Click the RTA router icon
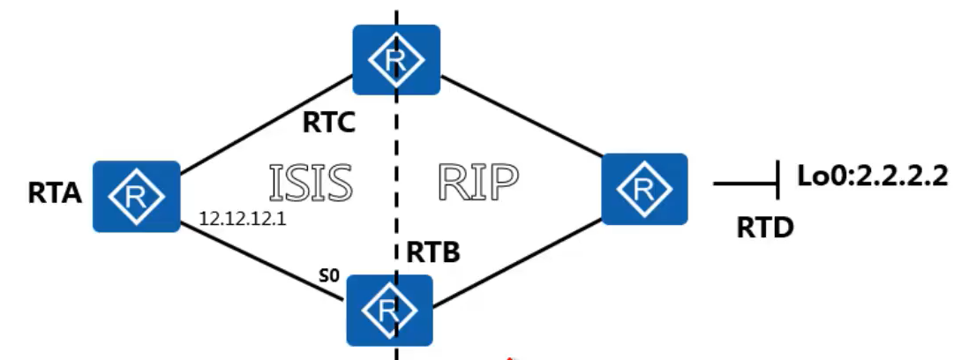[137, 194]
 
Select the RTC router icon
[396, 58]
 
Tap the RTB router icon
[388, 309]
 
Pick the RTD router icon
[644, 187]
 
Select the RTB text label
[435, 254]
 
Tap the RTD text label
[765, 229]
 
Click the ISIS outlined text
[310, 183]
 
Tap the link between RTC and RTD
[521, 120]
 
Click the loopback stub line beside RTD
[746, 184]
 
